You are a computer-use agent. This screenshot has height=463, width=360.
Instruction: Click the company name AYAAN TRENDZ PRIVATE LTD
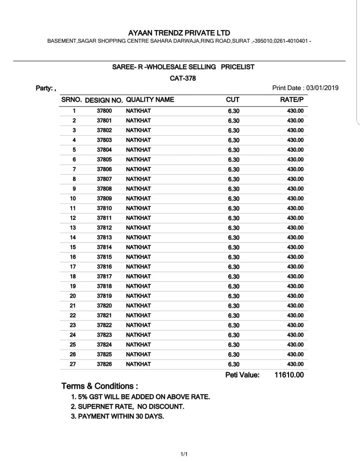179,33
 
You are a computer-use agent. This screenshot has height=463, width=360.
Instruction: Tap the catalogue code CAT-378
183,78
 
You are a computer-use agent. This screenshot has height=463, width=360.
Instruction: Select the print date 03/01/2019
322,88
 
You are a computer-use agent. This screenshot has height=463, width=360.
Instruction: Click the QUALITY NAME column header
150,100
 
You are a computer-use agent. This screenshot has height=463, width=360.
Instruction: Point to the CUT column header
232,100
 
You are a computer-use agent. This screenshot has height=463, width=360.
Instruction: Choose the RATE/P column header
292,100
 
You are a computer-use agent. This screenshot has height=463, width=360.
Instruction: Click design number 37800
104,111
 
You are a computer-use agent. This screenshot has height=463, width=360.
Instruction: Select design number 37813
104,237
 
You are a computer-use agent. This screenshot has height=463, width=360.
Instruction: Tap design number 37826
104,364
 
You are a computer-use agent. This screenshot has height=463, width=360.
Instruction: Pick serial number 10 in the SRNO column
73,198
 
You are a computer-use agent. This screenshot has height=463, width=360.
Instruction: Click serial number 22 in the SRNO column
73,315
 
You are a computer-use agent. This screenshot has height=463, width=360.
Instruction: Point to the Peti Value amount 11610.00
289,375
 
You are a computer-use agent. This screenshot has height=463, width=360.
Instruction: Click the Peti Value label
242,375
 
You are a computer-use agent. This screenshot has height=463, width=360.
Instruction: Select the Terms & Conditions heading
99,386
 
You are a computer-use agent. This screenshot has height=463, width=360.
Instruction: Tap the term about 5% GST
140,397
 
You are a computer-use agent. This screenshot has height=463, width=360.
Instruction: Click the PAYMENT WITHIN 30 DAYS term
117,416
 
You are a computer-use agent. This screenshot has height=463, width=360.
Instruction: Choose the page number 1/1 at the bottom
184,454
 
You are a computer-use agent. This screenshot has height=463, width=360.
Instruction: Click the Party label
45,88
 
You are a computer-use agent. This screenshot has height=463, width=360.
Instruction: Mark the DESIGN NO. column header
104,100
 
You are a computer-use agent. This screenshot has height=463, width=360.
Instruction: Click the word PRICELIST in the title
237,67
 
